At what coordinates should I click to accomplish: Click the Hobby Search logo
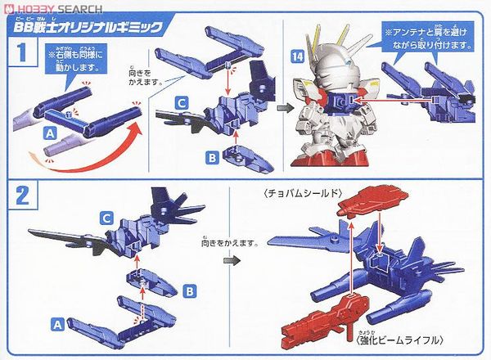[46, 7]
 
